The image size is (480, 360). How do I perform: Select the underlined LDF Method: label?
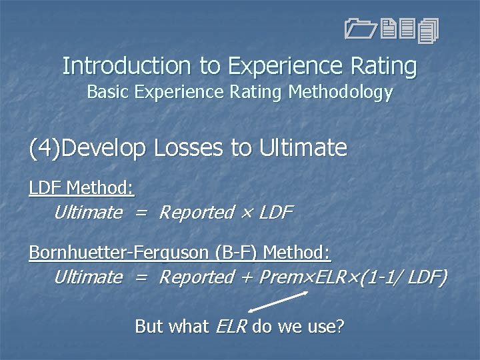81,189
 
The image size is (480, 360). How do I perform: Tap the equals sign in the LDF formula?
140,213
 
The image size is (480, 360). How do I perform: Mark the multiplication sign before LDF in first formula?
246,213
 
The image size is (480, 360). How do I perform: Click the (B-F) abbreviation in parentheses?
237,253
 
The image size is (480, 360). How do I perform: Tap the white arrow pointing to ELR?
273,301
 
